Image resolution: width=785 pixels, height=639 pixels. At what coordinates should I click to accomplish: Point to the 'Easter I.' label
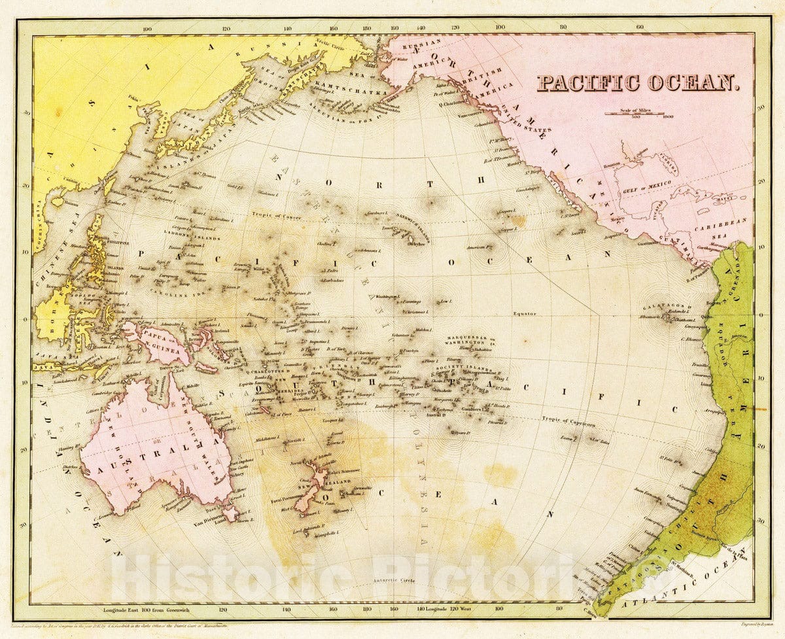[567, 438]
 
